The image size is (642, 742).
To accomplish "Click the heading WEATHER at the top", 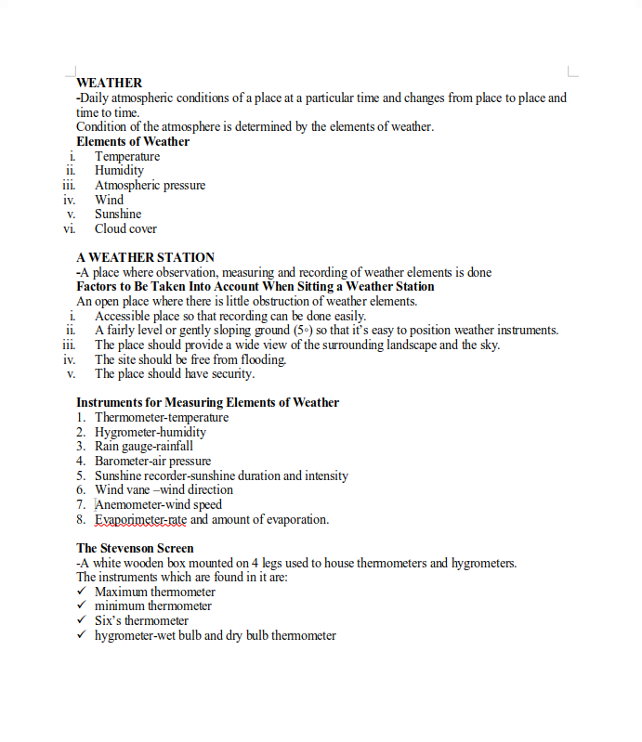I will click(x=109, y=83).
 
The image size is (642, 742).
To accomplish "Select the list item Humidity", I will click(x=119, y=171).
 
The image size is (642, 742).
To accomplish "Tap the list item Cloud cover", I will click(x=125, y=229).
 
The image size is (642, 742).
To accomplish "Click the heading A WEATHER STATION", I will click(x=145, y=257).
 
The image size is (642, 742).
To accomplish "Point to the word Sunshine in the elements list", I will click(x=118, y=215).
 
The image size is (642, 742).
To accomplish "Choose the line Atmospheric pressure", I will click(x=150, y=186).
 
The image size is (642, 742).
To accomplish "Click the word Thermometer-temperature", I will click(x=162, y=418).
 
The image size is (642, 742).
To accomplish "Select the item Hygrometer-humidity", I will click(x=151, y=433).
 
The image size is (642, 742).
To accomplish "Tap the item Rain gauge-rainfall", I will click(x=144, y=447).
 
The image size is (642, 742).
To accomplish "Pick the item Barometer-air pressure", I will click(x=152, y=462).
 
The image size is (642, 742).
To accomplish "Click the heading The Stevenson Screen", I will click(x=135, y=549).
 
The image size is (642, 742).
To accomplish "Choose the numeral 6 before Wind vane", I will click(x=81, y=490).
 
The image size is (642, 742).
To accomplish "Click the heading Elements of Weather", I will click(x=133, y=142).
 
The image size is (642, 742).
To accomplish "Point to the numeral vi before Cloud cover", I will click(x=70, y=229).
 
